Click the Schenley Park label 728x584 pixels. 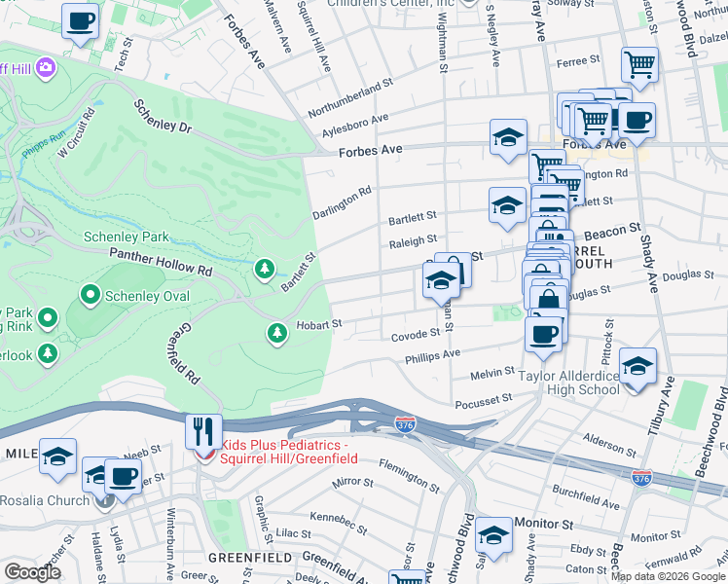(x=126, y=237)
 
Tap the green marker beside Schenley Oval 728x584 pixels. (x=90, y=293)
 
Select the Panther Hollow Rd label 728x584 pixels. (x=161, y=260)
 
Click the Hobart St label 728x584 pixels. (x=319, y=324)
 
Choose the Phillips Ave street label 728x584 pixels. (x=432, y=356)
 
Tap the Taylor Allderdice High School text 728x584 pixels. (x=568, y=383)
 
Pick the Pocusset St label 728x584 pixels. (x=483, y=401)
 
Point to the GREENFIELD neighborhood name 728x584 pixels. (x=250, y=558)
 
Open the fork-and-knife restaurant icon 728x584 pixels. (x=203, y=431)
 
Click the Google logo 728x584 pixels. (x=32, y=572)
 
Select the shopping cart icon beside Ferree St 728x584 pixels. (x=639, y=65)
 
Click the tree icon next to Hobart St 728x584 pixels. (x=277, y=334)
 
